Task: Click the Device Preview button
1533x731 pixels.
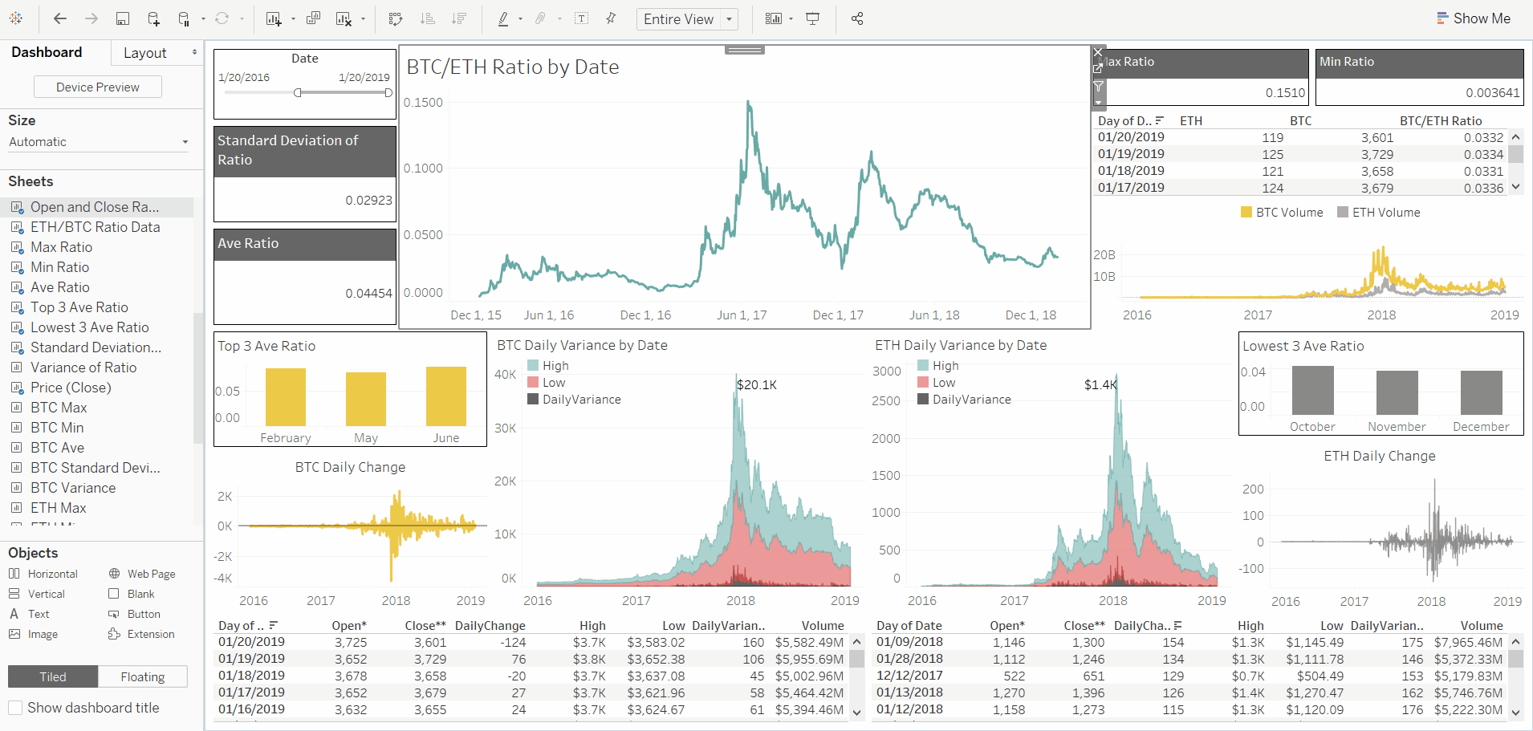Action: coord(97,87)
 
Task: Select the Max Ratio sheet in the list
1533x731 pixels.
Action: coord(61,247)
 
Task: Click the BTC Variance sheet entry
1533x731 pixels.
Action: coord(72,488)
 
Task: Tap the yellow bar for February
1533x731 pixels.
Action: coord(285,396)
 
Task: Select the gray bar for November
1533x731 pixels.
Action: coord(1397,392)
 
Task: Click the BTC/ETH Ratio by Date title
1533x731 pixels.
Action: coord(512,67)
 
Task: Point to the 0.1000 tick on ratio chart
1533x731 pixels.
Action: coord(423,169)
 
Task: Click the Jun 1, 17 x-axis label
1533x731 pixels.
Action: coord(742,315)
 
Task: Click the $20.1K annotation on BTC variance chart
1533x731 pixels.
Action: coord(756,385)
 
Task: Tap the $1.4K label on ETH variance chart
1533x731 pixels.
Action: coord(1100,385)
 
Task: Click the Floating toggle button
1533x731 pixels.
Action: coord(142,676)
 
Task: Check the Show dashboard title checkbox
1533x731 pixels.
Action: coord(15,708)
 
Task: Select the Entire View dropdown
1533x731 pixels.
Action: coord(686,19)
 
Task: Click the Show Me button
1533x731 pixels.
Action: coord(1473,18)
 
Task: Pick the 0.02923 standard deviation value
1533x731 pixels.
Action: coord(368,201)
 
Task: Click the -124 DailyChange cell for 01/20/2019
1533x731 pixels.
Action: coord(512,643)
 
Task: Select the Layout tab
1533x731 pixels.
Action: coord(145,53)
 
